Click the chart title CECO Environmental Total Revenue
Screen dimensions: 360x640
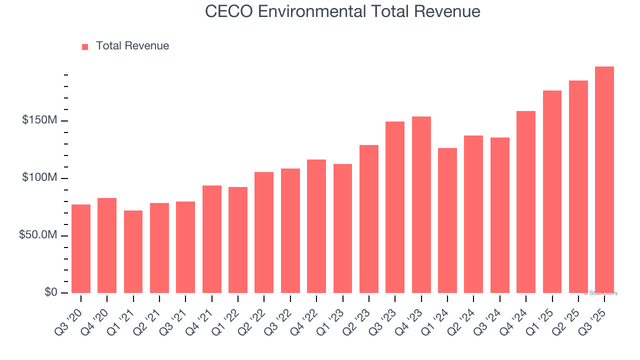tap(343, 11)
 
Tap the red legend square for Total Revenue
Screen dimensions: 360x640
tap(85, 47)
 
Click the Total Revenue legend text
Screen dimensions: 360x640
tap(132, 46)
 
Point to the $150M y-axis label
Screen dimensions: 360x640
tap(39, 120)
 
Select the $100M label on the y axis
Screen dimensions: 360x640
tap(39, 178)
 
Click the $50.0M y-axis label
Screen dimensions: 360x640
tap(38, 235)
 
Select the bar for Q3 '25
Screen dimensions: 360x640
tap(604, 180)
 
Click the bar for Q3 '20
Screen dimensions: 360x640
tap(81, 248)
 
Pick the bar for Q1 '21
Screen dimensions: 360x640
tap(133, 251)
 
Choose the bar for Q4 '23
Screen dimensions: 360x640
tap(421, 205)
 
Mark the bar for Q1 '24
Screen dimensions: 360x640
tap(447, 220)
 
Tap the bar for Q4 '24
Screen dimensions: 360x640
tap(525, 202)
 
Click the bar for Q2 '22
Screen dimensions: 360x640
tap(264, 232)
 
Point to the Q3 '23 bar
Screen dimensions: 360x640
tap(395, 207)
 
